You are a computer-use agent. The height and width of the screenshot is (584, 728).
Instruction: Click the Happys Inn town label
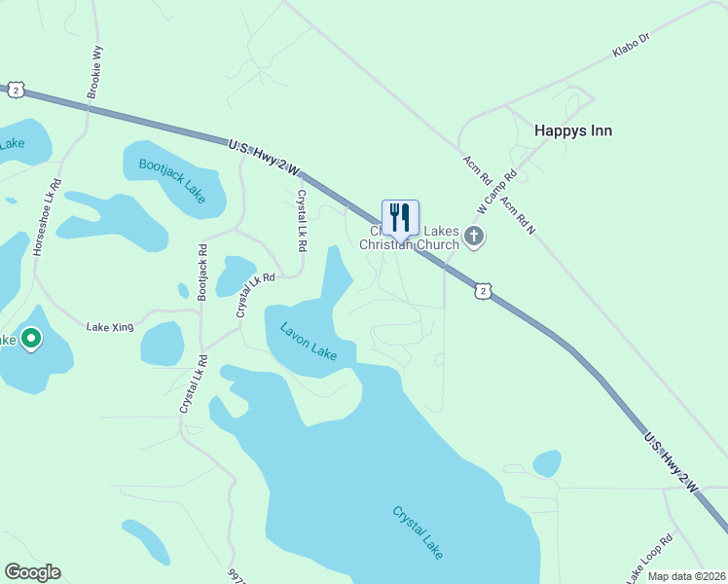[x=573, y=130]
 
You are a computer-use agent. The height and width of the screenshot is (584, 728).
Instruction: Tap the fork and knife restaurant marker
[x=400, y=217]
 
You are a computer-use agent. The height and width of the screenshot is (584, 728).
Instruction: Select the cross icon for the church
[x=474, y=237]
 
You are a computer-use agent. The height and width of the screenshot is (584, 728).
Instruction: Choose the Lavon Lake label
[x=309, y=342]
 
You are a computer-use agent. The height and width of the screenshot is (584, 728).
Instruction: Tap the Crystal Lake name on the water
[x=419, y=531]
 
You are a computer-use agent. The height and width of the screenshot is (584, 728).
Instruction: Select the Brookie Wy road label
[x=94, y=71]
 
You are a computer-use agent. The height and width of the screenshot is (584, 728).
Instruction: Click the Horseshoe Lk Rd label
[x=47, y=216]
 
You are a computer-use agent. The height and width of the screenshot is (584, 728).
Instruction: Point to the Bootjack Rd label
[x=202, y=272]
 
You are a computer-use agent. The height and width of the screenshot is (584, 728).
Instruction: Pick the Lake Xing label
[x=108, y=327]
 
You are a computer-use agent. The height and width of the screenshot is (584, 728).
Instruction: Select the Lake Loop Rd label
[x=649, y=554]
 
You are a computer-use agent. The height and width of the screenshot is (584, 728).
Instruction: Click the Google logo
[x=32, y=572]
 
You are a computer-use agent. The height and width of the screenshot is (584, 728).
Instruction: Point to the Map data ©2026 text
[x=687, y=576]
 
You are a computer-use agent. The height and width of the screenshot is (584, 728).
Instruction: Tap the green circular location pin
[x=31, y=339]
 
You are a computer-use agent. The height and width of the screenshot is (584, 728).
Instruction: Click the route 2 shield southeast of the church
[x=483, y=290]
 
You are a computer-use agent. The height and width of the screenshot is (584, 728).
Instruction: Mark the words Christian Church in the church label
[x=409, y=244]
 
